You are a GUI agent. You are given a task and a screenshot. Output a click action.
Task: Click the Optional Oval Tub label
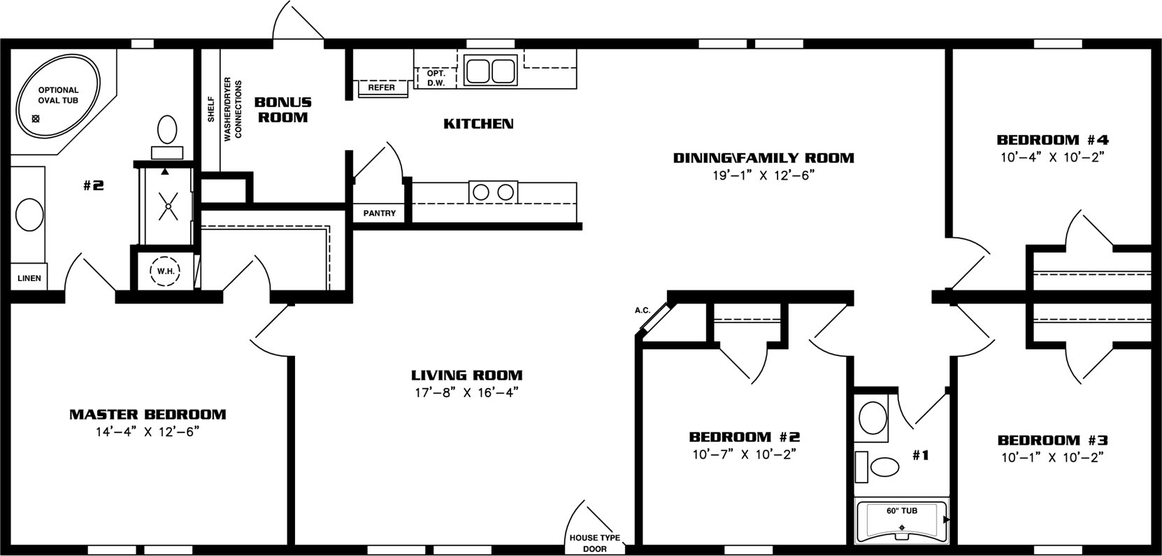(x=58, y=95)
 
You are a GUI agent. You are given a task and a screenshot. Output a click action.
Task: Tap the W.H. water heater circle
(x=165, y=271)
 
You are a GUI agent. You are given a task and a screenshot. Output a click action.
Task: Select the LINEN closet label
(x=29, y=278)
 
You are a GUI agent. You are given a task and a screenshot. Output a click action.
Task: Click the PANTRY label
(x=379, y=213)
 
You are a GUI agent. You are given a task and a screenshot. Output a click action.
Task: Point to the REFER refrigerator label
(x=381, y=87)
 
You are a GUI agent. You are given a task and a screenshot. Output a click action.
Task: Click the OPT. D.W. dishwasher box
(x=436, y=78)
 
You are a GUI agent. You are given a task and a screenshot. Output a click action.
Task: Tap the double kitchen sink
(x=490, y=70)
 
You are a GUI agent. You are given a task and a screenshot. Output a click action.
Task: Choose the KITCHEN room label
(x=478, y=124)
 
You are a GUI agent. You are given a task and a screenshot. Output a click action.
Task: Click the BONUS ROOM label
(x=282, y=110)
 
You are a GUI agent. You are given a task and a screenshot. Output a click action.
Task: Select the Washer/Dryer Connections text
(x=233, y=109)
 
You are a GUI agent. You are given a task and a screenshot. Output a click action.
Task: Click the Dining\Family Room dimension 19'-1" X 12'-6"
(x=763, y=176)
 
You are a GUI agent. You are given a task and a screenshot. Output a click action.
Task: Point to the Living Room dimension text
(x=466, y=392)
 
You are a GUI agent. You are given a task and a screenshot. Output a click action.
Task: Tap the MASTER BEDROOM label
(x=148, y=414)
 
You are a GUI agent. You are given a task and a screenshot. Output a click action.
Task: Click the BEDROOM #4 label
(x=1052, y=140)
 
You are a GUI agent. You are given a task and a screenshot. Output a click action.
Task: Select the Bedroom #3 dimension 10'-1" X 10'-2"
(x=1052, y=457)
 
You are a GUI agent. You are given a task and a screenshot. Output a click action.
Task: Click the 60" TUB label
(x=902, y=511)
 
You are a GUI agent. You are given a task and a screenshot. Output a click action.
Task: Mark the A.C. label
(x=643, y=311)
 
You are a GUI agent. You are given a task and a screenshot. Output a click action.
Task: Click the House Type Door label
(x=594, y=543)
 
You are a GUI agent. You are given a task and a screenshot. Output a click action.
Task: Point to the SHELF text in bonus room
(x=211, y=109)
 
